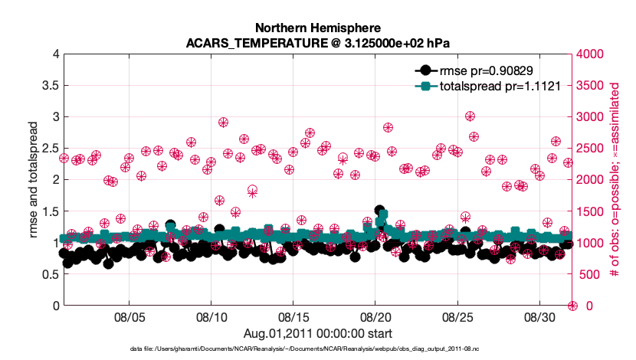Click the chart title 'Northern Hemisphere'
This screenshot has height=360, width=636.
point(317,29)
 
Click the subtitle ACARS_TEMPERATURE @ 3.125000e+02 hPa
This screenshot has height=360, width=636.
point(317,43)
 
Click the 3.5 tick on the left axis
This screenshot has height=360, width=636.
point(48,85)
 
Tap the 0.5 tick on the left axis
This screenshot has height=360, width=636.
point(48,274)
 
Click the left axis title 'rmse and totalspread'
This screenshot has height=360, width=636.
point(34,179)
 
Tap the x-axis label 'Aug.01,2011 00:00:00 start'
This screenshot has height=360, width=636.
point(317,332)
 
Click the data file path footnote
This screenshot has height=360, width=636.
point(317,349)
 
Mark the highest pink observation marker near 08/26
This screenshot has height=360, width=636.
point(470,116)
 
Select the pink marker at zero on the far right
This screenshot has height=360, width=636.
point(572,306)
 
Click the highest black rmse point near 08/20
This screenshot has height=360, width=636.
point(379,210)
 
